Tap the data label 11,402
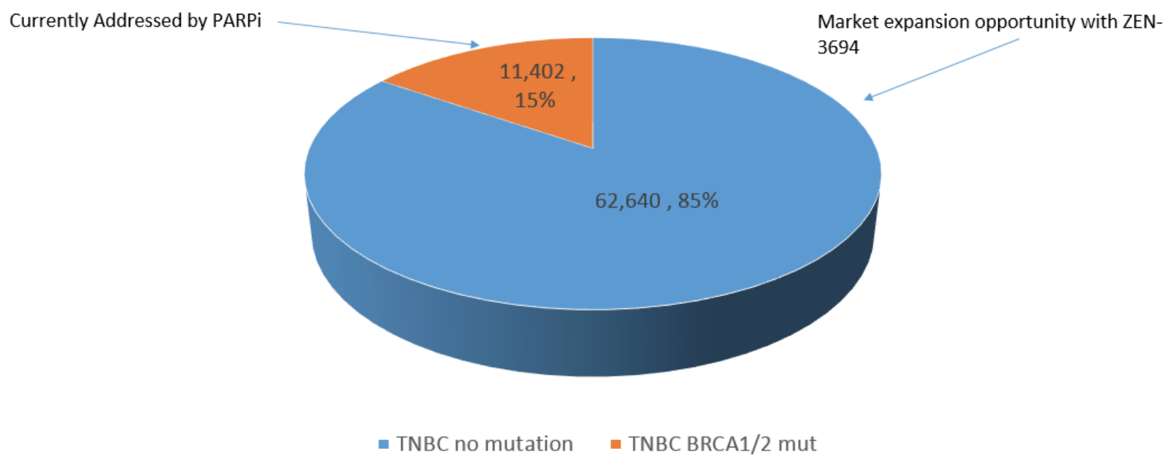(532, 72)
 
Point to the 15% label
(535, 100)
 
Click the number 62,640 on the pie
(628, 200)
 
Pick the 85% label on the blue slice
(697, 200)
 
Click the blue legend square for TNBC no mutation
(384, 445)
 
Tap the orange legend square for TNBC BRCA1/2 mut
(616, 445)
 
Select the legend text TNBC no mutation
(485, 444)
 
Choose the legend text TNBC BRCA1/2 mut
(722, 444)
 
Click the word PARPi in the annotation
(236, 20)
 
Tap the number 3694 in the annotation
(838, 48)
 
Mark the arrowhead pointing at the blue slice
(868, 97)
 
